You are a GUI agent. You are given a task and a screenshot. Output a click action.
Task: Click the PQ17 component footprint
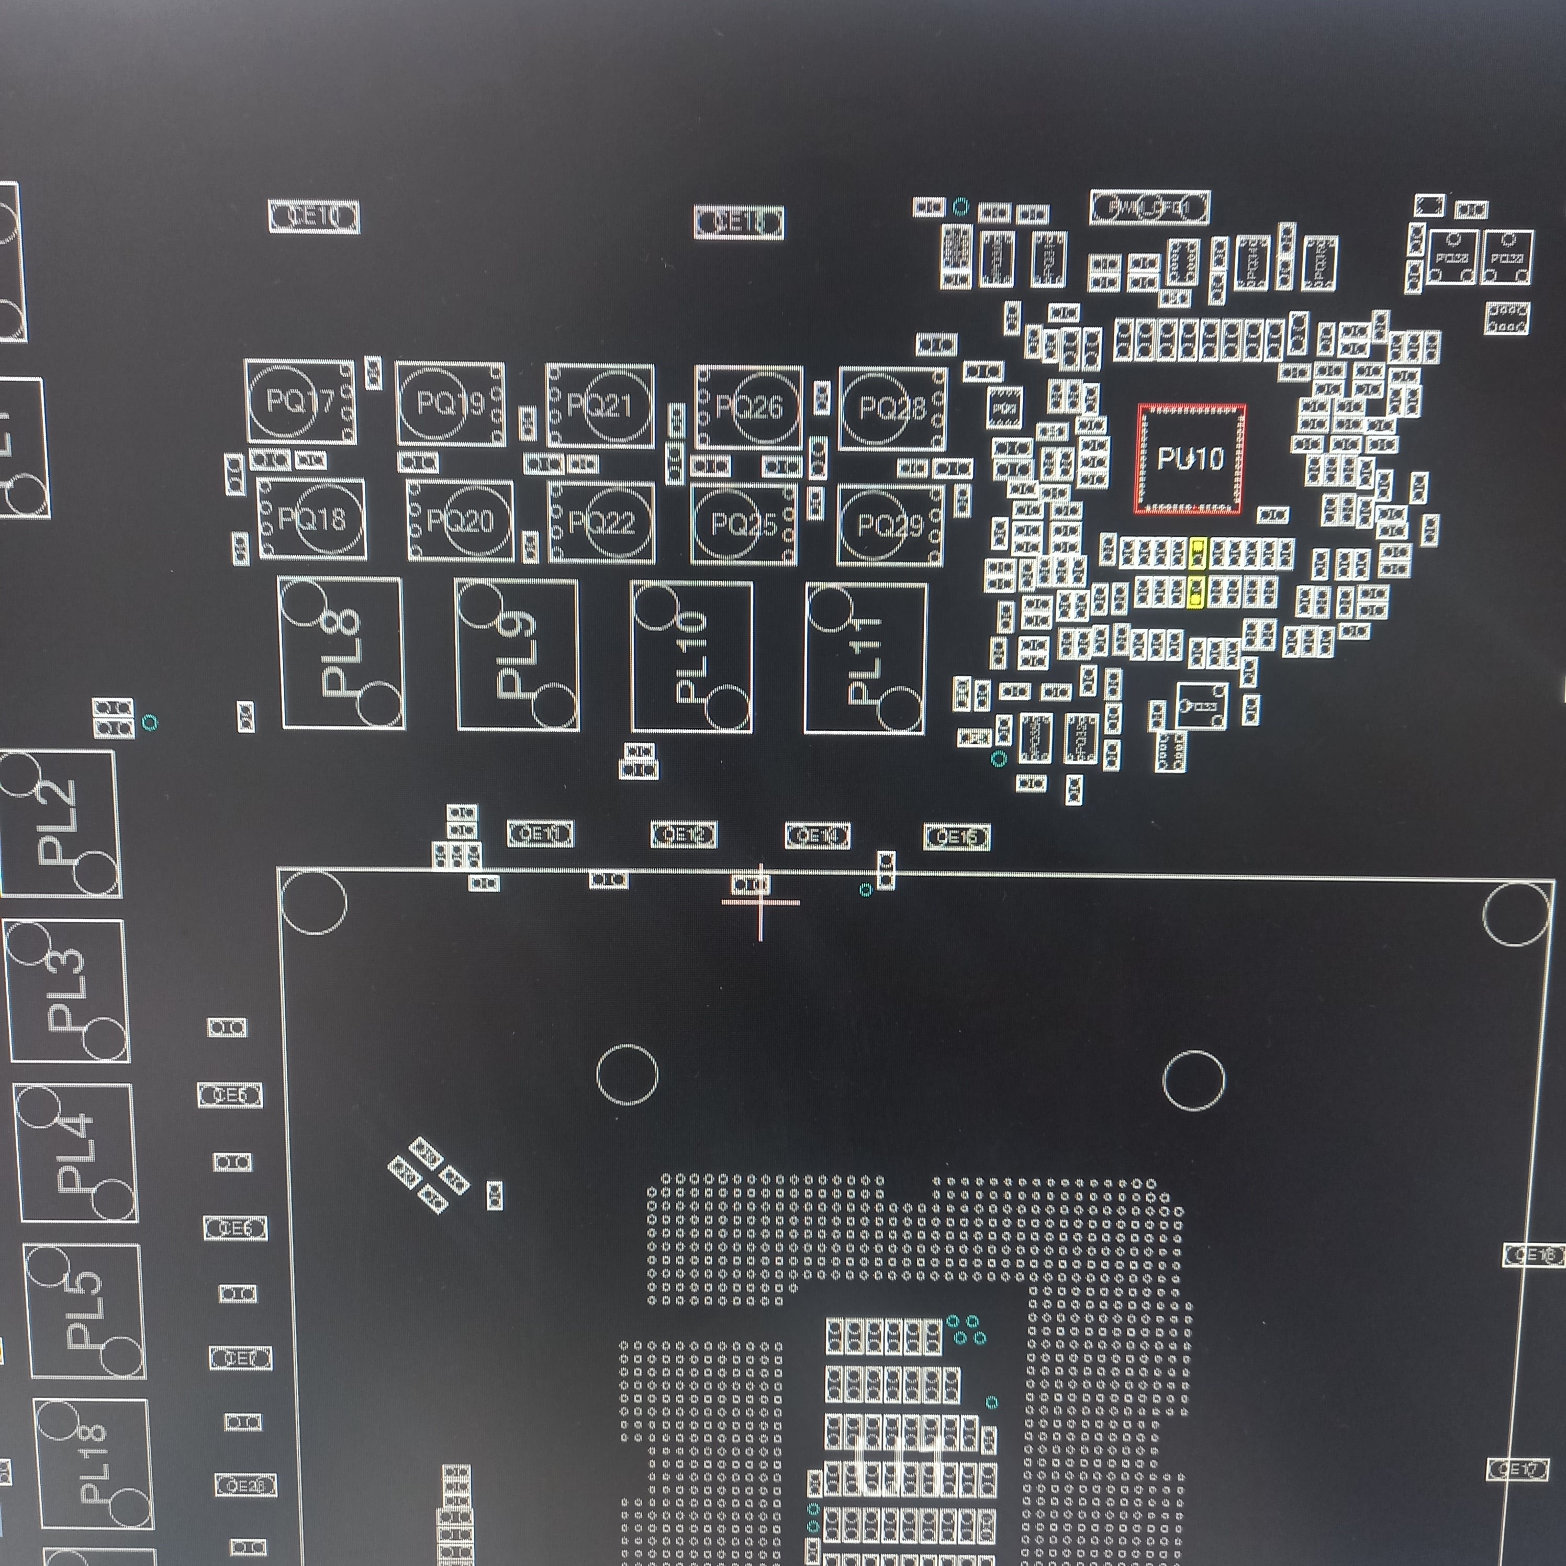[300, 401]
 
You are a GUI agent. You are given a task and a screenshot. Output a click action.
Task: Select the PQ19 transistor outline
[450, 403]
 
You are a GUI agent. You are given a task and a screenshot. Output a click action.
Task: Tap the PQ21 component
[600, 405]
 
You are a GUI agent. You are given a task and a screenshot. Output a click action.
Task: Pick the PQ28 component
[892, 408]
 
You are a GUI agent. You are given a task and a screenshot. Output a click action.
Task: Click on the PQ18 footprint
[311, 519]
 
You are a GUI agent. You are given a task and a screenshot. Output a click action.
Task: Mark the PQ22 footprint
[601, 523]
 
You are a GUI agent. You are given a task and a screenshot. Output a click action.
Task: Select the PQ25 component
[743, 524]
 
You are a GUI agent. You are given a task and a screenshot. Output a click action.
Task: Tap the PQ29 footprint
[890, 526]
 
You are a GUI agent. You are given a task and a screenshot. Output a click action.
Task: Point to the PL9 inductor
[517, 655]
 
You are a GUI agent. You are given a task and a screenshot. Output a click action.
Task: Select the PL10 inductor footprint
[691, 656]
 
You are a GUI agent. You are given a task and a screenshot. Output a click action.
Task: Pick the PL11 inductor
[865, 658]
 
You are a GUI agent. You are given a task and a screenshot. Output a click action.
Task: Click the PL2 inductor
[59, 823]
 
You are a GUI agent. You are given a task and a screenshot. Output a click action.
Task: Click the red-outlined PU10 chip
[1189, 459]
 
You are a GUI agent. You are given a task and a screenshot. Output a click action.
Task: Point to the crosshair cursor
[760, 901]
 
